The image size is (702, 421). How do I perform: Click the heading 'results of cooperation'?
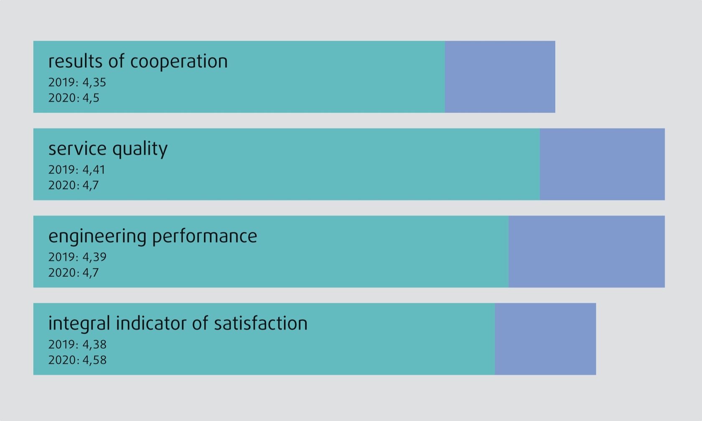click(x=138, y=61)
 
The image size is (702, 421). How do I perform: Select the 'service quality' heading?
click(x=108, y=149)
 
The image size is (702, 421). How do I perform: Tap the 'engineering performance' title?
click(x=153, y=236)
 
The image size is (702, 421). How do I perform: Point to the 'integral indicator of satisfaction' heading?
click(x=178, y=324)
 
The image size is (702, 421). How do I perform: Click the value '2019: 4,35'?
click(x=77, y=82)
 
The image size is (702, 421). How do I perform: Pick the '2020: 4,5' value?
click(x=74, y=98)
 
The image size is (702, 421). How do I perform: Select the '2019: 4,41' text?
click(x=77, y=170)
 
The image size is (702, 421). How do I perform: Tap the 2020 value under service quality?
click(x=74, y=185)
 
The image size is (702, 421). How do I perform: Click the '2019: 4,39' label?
click(x=77, y=257)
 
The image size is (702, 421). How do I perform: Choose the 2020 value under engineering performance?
click(x=74, y=273)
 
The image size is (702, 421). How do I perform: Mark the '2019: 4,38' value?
click(x=77, y=345)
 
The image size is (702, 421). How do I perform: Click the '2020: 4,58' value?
click(x=77, y=360)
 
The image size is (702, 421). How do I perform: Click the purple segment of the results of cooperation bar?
click(x=500, y=77)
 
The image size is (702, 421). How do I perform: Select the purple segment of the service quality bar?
click(x=602, y=164)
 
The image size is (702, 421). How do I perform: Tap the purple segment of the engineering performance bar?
click(x=587, y=251)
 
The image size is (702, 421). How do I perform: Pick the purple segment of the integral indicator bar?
click(x=545, y=339)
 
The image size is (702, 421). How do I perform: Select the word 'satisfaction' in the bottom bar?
click(x=261, y=324)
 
